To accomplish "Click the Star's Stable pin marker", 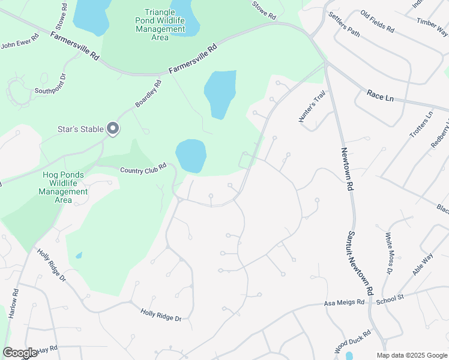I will click(x=112, y=128).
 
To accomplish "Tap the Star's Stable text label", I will click(x=81, y=128).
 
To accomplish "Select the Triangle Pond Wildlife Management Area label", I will click(x=160, y=25).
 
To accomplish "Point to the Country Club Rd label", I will click(x=142, y=170).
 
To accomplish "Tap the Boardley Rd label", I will click(x=149, y=94).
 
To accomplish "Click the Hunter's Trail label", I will click(x=312, y=107).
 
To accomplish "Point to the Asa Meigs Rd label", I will click(x=345, y=303).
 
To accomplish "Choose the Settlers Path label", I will click(x=345, y=25).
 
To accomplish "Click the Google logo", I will click(x=20, y=353).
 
